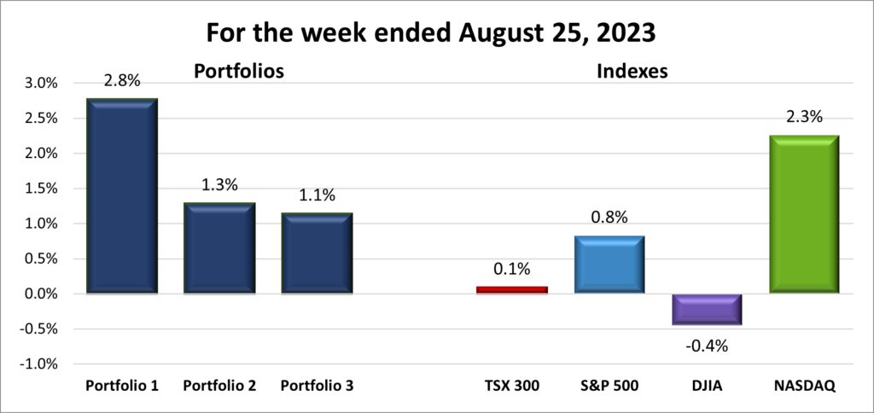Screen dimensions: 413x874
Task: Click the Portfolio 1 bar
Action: point(121,196)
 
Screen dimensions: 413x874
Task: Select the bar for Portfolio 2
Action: point(218,248)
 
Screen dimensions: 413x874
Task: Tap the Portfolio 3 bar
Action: point(317,253)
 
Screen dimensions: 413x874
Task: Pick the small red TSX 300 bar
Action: point(511,290)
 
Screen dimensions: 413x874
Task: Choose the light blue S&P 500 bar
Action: point(609,265)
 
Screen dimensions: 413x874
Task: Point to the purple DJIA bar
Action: point(706,309)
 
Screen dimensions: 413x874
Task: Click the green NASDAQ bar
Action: point(803,214)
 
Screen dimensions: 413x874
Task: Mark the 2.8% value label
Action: point(121,81)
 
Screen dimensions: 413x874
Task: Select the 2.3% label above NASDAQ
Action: point(803,117)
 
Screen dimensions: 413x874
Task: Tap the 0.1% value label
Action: point(511,269)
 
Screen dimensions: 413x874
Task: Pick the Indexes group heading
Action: point(631,73)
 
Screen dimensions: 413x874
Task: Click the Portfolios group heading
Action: point(238,73)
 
